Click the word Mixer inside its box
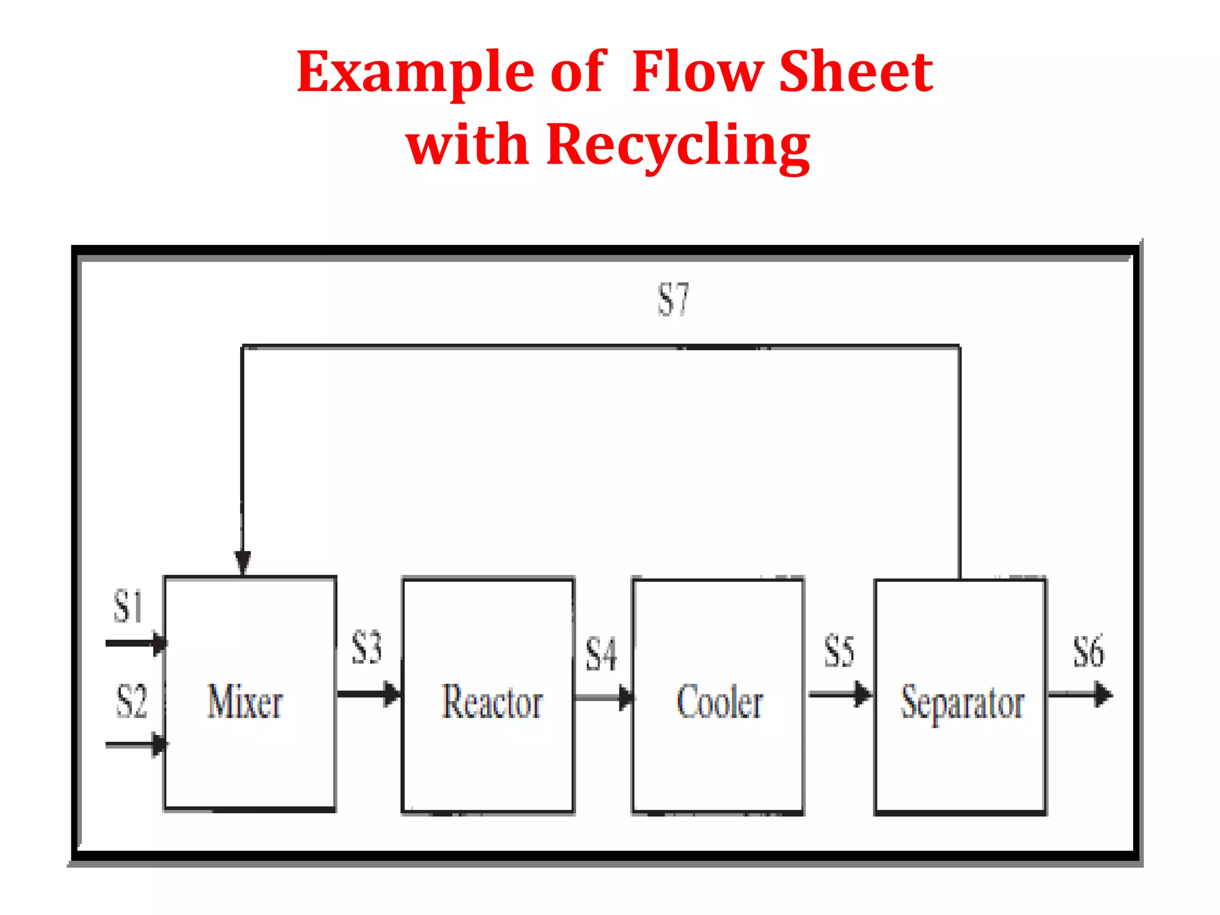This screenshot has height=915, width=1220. (x=245, y=702)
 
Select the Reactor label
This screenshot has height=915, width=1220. (x=492, y=702)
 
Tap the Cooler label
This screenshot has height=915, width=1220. (x=720, y=702)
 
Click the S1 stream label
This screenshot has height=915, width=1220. (x=128, y=606)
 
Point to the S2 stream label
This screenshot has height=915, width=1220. (x=131, y=701)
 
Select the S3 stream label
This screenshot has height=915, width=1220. (x=366, y=647)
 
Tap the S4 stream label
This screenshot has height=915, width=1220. (x=600, y=654)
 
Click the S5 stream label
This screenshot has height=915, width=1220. (x=839, y=651)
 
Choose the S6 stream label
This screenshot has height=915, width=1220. (x=1088, y=651)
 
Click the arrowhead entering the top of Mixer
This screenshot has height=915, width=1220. (x=242, y=561)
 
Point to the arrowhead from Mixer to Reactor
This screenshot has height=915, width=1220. (x=391, y=694)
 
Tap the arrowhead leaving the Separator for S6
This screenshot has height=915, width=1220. (x=1103, y=695)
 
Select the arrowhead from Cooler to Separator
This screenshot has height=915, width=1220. (x=862, y=694)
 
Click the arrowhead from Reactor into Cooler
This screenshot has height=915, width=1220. (x=625, y=698)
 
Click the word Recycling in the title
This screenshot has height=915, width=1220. (x=677, y=145)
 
